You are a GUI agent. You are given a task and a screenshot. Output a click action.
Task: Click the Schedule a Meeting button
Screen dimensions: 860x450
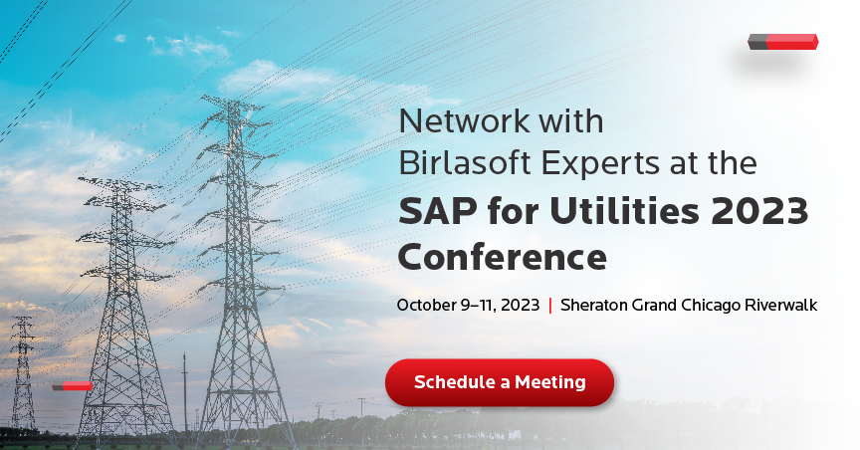tap(499, 382)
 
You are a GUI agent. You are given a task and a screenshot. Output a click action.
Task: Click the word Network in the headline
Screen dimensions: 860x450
tap(464, 121)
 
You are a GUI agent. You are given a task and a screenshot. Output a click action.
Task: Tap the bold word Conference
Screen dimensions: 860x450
tap(503, 256)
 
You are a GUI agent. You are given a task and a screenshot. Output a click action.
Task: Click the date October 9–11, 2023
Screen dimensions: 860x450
tap(468, 305)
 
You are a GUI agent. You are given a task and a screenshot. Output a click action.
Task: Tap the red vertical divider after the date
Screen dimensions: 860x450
tap(550, 305)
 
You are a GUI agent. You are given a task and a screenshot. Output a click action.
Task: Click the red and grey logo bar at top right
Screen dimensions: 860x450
tap(783, 42)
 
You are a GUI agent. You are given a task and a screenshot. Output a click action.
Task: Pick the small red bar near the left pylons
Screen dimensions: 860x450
tap(73, 386)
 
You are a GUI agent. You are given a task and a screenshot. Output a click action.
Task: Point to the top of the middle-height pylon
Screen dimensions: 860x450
tap(120, 180)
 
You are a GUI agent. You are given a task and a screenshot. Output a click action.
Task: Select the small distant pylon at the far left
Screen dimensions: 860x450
tap(23, 372)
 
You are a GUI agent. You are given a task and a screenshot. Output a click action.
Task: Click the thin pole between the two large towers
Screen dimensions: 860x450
tap(185, 392)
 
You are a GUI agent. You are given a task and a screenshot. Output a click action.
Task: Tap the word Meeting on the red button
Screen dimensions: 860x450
tap(550, 382)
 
